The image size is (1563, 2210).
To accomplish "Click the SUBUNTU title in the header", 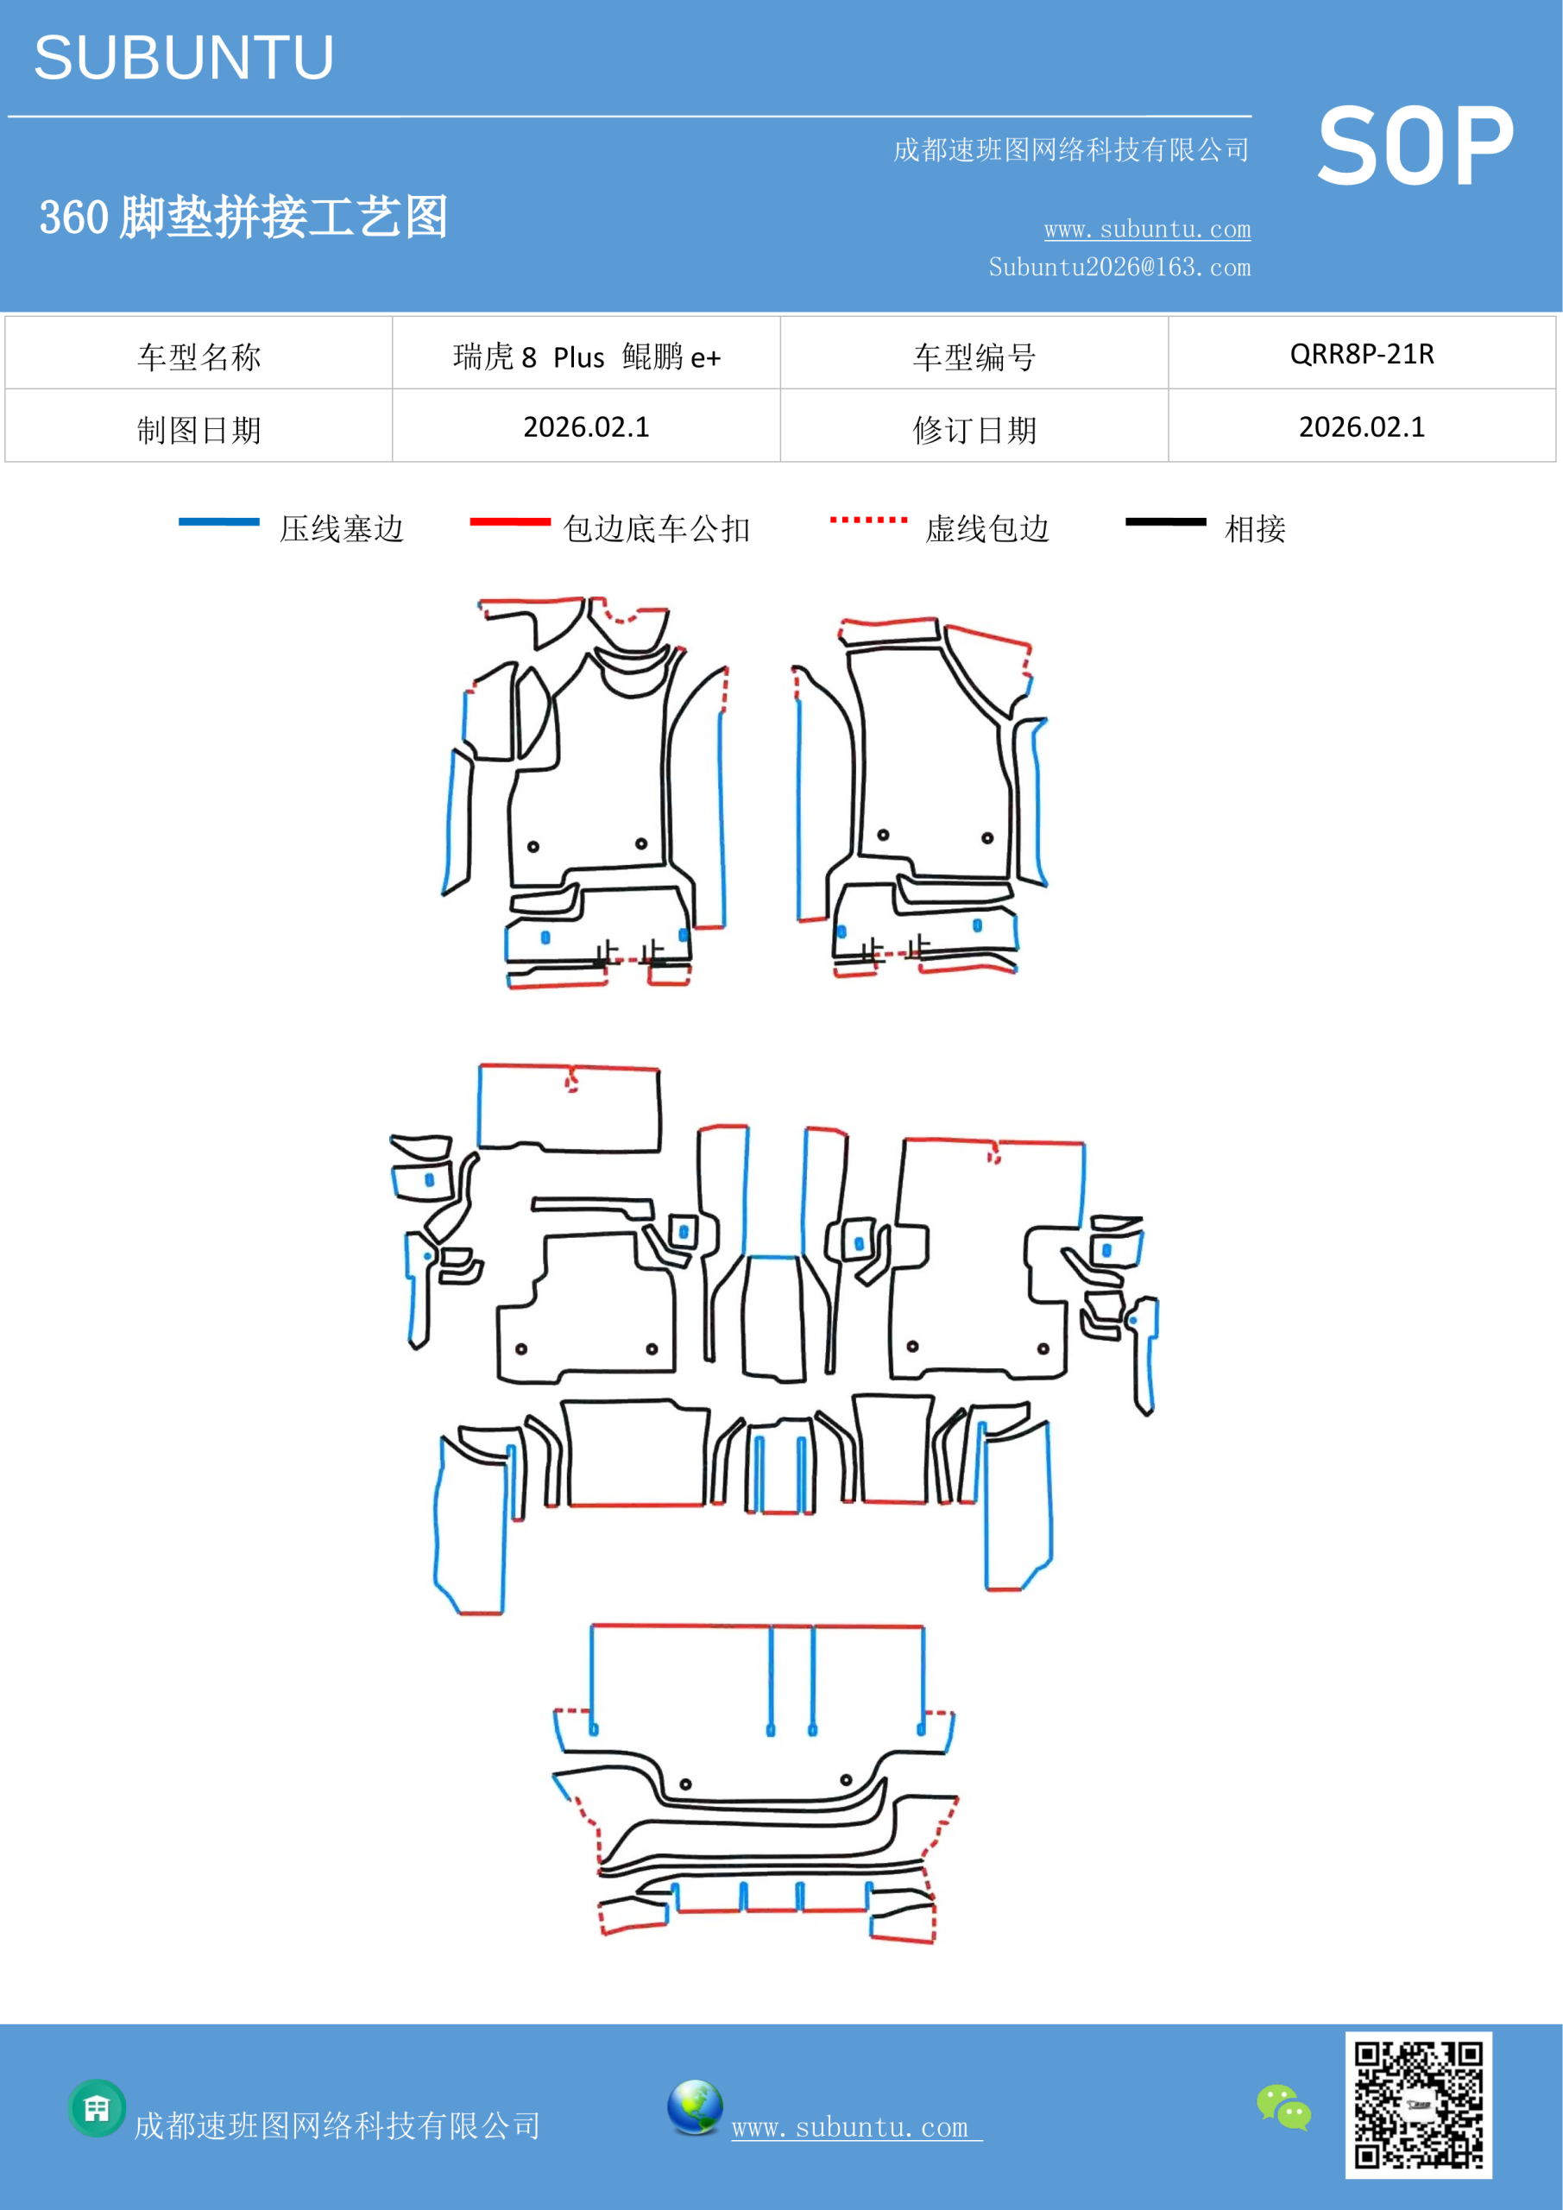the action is (184, 58).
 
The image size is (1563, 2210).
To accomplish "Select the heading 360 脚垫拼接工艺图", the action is (243, 217).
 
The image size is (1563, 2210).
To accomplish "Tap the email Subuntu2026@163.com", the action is (1119, 267).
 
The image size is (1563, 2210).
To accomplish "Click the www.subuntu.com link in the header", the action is (1147, 229).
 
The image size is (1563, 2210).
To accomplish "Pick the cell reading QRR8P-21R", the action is (1362, 353).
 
